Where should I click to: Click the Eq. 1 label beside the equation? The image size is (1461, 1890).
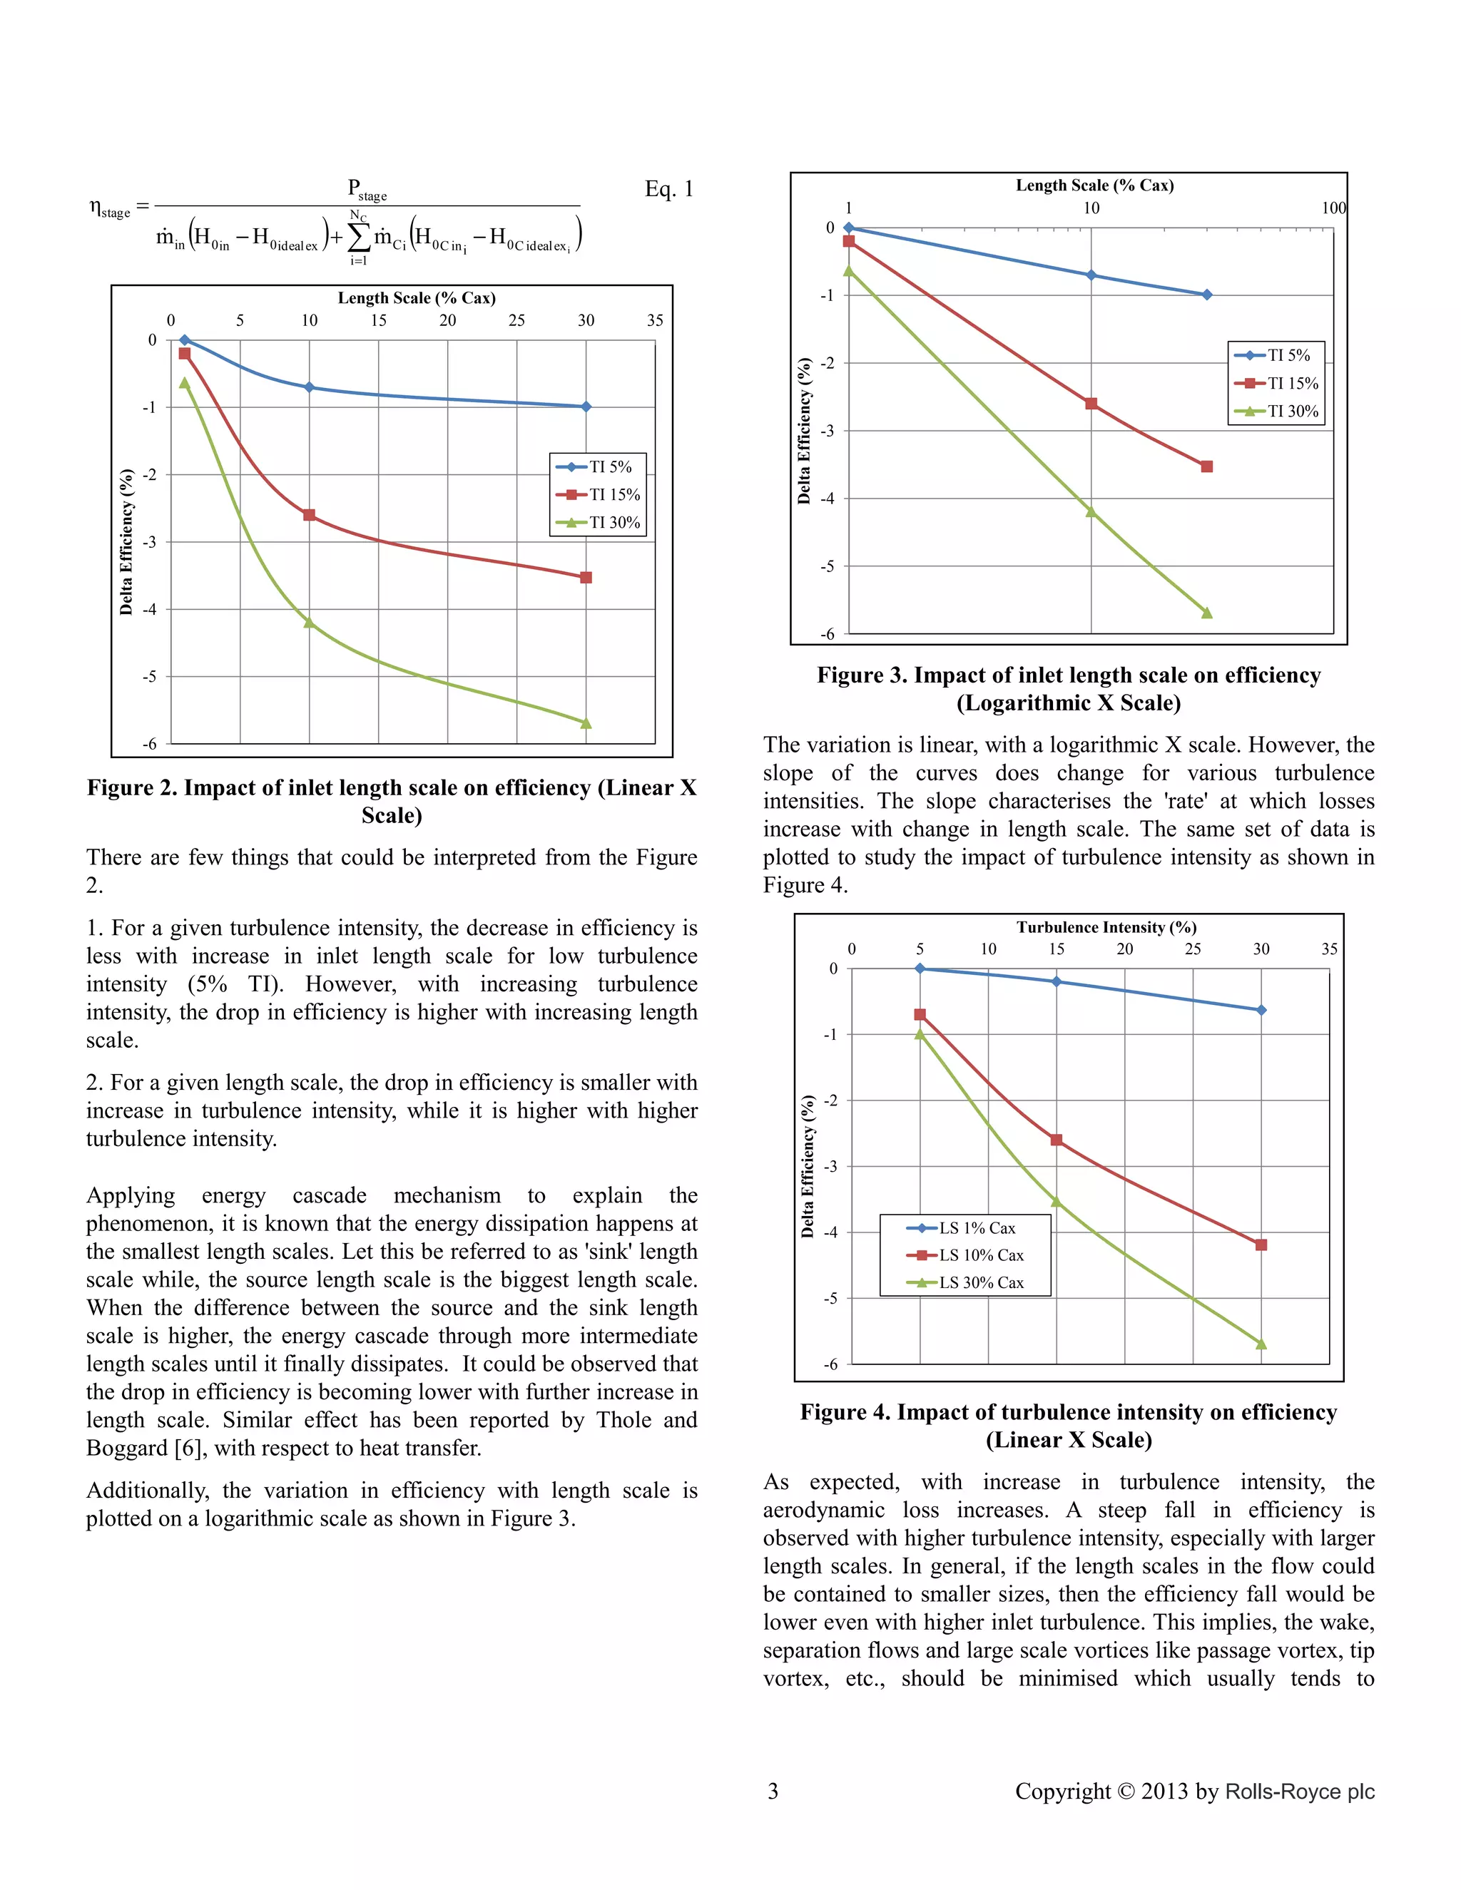point(668,190)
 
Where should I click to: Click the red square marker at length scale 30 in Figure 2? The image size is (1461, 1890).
point(586,577)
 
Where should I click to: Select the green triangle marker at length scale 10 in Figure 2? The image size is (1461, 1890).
point(309,622)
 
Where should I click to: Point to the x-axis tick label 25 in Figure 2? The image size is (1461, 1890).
point(516,321)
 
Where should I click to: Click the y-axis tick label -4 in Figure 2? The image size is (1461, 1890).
point(149,609)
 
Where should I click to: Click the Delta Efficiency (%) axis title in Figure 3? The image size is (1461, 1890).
point(804,431)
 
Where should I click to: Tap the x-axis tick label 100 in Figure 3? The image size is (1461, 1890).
point(1333,208)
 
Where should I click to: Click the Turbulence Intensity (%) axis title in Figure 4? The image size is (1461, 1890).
point(1106,927)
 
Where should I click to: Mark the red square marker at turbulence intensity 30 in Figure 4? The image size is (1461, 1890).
point(1261,1245)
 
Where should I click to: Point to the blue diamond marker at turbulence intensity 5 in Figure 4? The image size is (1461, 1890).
point(920,969)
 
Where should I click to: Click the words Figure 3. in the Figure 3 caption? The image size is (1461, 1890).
point(861,675)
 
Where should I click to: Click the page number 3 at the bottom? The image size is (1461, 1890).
point(773,1790)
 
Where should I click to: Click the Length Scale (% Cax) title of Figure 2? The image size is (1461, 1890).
point(417,297)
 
